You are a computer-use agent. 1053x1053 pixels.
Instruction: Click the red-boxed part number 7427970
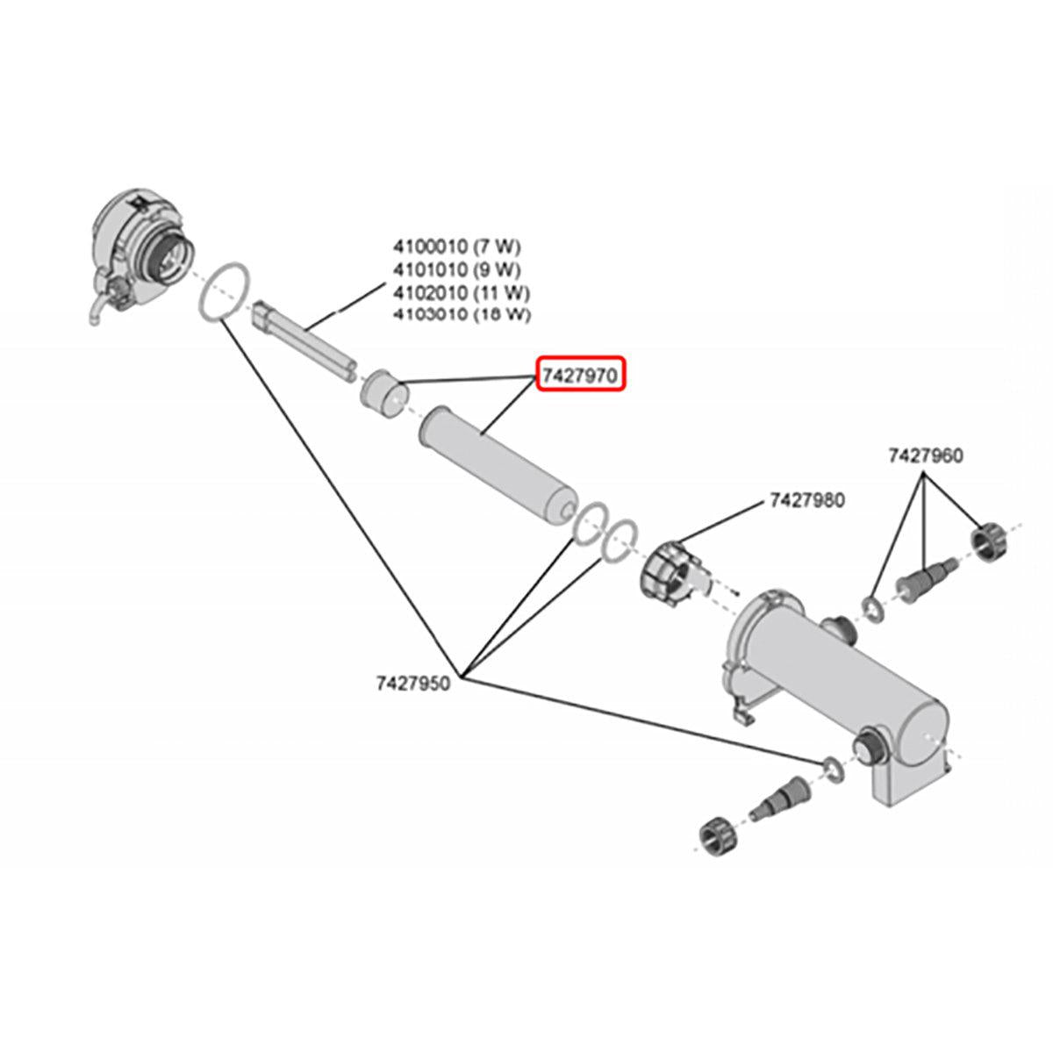coord(581,375)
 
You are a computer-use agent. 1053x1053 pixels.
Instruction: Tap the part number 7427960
coord(925,455)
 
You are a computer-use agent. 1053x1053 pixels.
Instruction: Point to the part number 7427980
coord(806,501)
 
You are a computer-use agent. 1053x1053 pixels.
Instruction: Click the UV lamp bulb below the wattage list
coord(304,340)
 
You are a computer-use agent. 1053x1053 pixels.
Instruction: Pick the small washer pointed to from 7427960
coord(873,607)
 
